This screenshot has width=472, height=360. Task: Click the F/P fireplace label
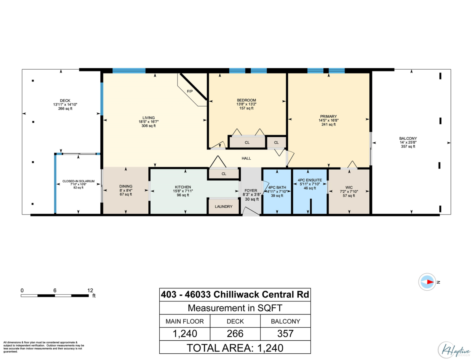point(190,91)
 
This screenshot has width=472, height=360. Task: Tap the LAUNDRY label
point(223,207)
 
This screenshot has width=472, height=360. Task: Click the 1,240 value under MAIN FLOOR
point(185,334)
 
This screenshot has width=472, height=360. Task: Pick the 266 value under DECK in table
point(235,334)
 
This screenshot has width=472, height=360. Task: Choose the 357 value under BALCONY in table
point(285,334)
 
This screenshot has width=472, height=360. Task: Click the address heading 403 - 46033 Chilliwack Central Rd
point(235,294)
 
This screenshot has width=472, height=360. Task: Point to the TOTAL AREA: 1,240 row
point(235,347)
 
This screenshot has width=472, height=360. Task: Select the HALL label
point(246,158)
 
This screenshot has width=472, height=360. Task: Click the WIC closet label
point(349,187)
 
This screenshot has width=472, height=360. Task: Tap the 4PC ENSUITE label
point(310,180)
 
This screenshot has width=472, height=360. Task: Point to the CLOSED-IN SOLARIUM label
point(79,181)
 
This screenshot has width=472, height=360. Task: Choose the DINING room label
point(126,186)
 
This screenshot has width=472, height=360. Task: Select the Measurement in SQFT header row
point(235,308)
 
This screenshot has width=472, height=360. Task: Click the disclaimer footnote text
point(43,347)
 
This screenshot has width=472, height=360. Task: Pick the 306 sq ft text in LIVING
point(149,126)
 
